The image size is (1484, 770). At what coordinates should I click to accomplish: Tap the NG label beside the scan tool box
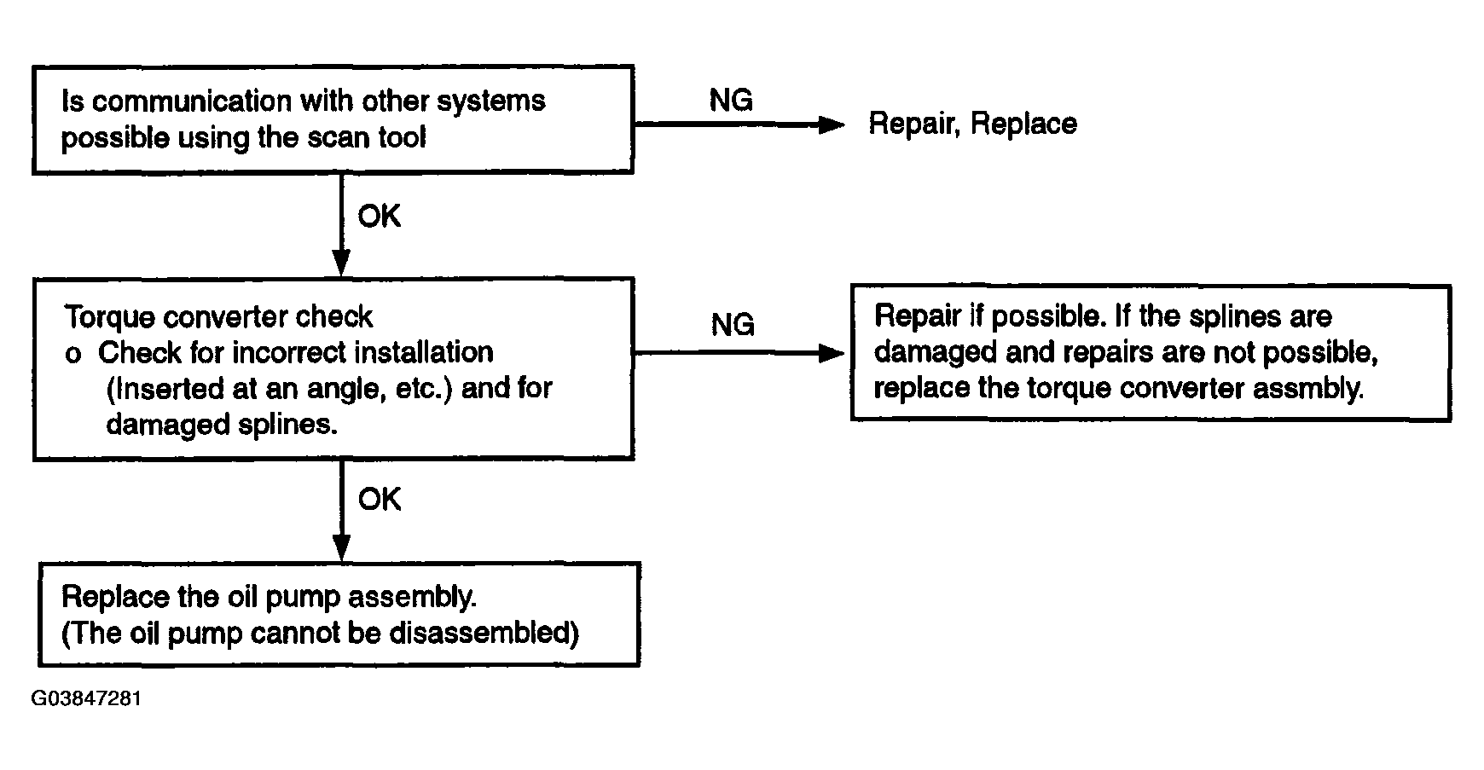point(731,101)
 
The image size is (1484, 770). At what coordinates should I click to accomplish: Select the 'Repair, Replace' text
point(972,124)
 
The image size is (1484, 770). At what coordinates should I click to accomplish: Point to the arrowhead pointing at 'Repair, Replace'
point(831,125)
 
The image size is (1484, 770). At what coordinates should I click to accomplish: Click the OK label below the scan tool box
point(379,217)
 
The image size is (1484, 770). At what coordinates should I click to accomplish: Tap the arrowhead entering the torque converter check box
point(340,263)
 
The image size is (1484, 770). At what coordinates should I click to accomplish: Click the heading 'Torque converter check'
point(218,317)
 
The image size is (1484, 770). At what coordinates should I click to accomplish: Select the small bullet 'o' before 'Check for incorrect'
point(73,355)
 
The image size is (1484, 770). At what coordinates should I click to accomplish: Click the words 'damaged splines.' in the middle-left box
point(222,425)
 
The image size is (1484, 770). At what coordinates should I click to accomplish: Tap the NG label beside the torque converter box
point(732,325)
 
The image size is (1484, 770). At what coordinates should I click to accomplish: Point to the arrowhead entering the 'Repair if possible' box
point(831,353)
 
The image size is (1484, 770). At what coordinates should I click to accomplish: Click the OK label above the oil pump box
point(379,500)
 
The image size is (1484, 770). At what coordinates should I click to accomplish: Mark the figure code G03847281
point(87,699)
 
